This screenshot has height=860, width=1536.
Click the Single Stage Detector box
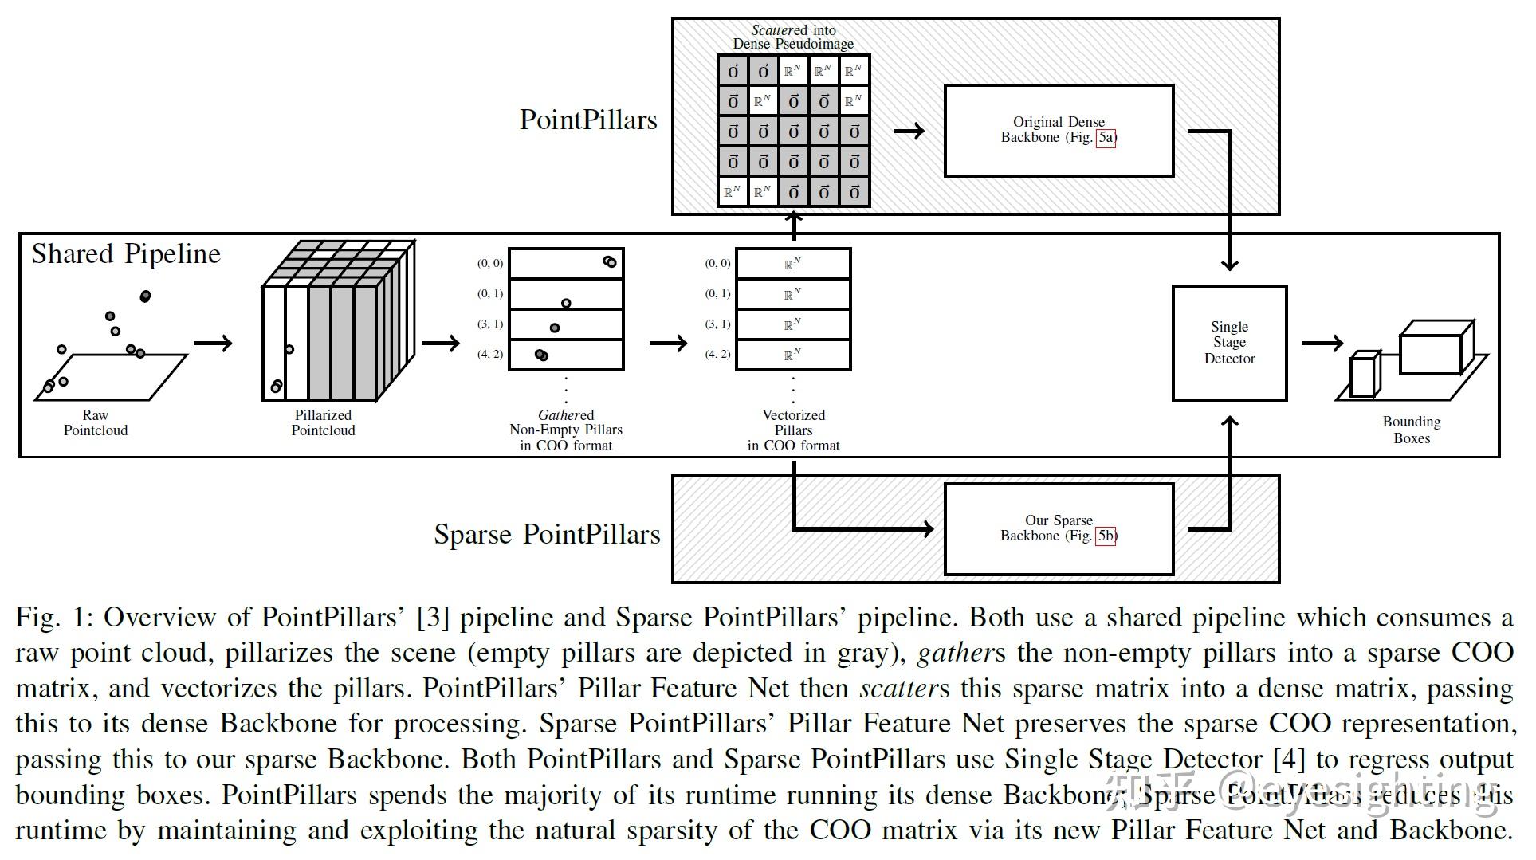[1229, 343]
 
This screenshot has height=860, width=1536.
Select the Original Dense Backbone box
[1059, 130]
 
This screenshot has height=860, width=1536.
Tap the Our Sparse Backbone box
[1059, 528]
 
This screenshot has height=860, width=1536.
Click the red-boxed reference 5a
[1106, 137]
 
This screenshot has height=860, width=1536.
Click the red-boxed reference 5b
[1106, 536]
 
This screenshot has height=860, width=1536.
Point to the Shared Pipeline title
[126, 253]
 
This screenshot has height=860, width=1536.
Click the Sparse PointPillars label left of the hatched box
[547, 534]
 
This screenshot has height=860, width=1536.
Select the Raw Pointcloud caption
[96, 422]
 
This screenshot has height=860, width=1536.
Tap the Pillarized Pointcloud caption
[323, 422]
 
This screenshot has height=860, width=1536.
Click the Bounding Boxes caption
[1411, 430]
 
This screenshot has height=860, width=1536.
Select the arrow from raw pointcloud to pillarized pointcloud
[213, 343]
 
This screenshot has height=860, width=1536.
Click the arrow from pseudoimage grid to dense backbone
[909, 131]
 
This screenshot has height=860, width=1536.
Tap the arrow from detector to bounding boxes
[1322, 343]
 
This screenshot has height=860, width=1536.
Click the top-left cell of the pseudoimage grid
[733, 71]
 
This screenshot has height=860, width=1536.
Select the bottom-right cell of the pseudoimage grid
[854, 192]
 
